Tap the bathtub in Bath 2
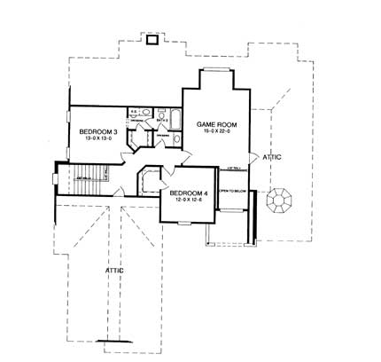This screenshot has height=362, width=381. click(x=174, y=122)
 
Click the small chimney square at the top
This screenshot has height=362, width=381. click(x=152, y=38)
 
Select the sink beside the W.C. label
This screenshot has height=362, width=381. click(x=145, y=112)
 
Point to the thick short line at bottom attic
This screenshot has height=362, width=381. click(x=115, y=342)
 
